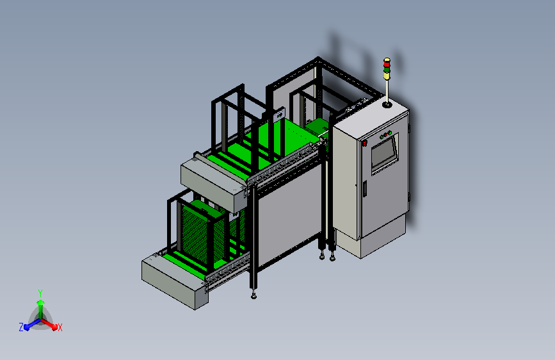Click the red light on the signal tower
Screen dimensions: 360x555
coord(387,61)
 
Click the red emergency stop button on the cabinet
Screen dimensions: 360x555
coord(364,143)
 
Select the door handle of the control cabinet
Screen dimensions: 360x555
coord(364,188)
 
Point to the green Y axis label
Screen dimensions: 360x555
coord(40,292)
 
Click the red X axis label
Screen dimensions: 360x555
coord(60,327)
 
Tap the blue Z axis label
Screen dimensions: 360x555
coord(21,327)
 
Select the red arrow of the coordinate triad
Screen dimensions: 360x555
coord(51,324)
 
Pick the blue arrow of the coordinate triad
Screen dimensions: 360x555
coord(29,324)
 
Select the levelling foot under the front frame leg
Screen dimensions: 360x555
coord(254,295)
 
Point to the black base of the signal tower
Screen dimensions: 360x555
coord(387,102)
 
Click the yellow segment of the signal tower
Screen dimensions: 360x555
coord(387,75)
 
